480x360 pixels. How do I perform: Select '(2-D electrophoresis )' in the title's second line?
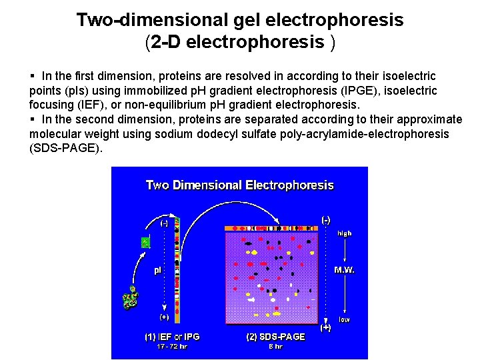[x=240, y=43]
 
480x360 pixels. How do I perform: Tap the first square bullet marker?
[x=33, y=77]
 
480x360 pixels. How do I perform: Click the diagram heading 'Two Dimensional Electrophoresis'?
[x=239, y=185]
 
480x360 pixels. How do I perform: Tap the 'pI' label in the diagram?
[x=158, y=270]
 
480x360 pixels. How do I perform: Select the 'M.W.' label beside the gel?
[x=344, y=270]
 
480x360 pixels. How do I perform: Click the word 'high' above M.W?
[x=344, y=233]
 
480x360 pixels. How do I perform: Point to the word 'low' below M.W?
[x=344, y=320]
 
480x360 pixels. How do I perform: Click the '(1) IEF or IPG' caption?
[x=172, y=337]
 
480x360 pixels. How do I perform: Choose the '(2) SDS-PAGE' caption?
[x=275, y=337]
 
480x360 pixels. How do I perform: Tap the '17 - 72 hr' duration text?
[x=172, y=347]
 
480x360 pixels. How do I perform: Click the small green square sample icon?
[x=145, y=243]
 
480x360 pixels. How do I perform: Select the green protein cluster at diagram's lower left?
[x=130, y=299]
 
